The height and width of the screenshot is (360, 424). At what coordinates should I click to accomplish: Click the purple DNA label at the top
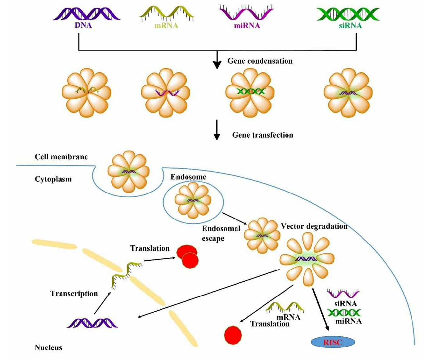(83, 25)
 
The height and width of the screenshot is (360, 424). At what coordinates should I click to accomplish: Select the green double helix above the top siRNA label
(348, 14)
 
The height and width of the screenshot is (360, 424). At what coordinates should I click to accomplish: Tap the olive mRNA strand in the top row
(166, 13)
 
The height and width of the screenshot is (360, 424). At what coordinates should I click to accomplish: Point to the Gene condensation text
(260, 61)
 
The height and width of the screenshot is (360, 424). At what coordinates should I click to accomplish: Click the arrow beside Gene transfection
(217, 130)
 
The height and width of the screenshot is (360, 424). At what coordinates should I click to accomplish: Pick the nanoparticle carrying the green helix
(250, 92)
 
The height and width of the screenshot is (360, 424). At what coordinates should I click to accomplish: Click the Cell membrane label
(61, 157)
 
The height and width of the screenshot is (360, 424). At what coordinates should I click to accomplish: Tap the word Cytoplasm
(53, 179)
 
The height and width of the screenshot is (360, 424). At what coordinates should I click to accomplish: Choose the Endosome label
(188, 177)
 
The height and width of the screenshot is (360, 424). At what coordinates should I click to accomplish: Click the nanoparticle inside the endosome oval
(193, 200)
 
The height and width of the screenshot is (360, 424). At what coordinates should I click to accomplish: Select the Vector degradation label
(314, 226)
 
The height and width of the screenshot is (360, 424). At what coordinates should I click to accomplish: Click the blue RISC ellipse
(333, 342)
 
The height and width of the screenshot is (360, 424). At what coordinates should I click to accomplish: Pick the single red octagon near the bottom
(233, 335)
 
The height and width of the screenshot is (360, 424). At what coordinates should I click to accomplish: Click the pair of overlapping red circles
(187, 256)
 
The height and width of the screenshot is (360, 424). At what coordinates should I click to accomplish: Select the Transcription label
(74, 294)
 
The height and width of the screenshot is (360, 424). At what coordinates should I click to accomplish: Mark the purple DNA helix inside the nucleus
(92, 323)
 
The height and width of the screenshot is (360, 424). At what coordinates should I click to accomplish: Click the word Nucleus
(48, 347)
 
